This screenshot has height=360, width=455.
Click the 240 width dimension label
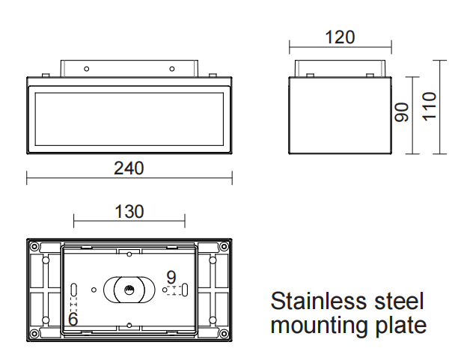pos(129,168)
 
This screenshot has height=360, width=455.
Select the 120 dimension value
pos(341,37)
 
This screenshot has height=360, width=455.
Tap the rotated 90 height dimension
pos(402,113)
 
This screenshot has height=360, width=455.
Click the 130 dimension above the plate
pos(129,212)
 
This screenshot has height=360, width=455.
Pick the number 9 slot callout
pos(171,276)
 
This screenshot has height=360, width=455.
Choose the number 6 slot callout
pos(73,318)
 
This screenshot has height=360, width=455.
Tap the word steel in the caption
pos(403,302)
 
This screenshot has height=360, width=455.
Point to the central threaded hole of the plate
pos(129,289)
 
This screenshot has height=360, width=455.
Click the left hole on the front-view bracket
pos(88,69)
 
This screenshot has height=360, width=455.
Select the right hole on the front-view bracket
pos(172,69)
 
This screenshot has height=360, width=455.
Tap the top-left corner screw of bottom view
pos(34,245)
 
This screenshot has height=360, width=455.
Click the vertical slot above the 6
pos(73,290)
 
